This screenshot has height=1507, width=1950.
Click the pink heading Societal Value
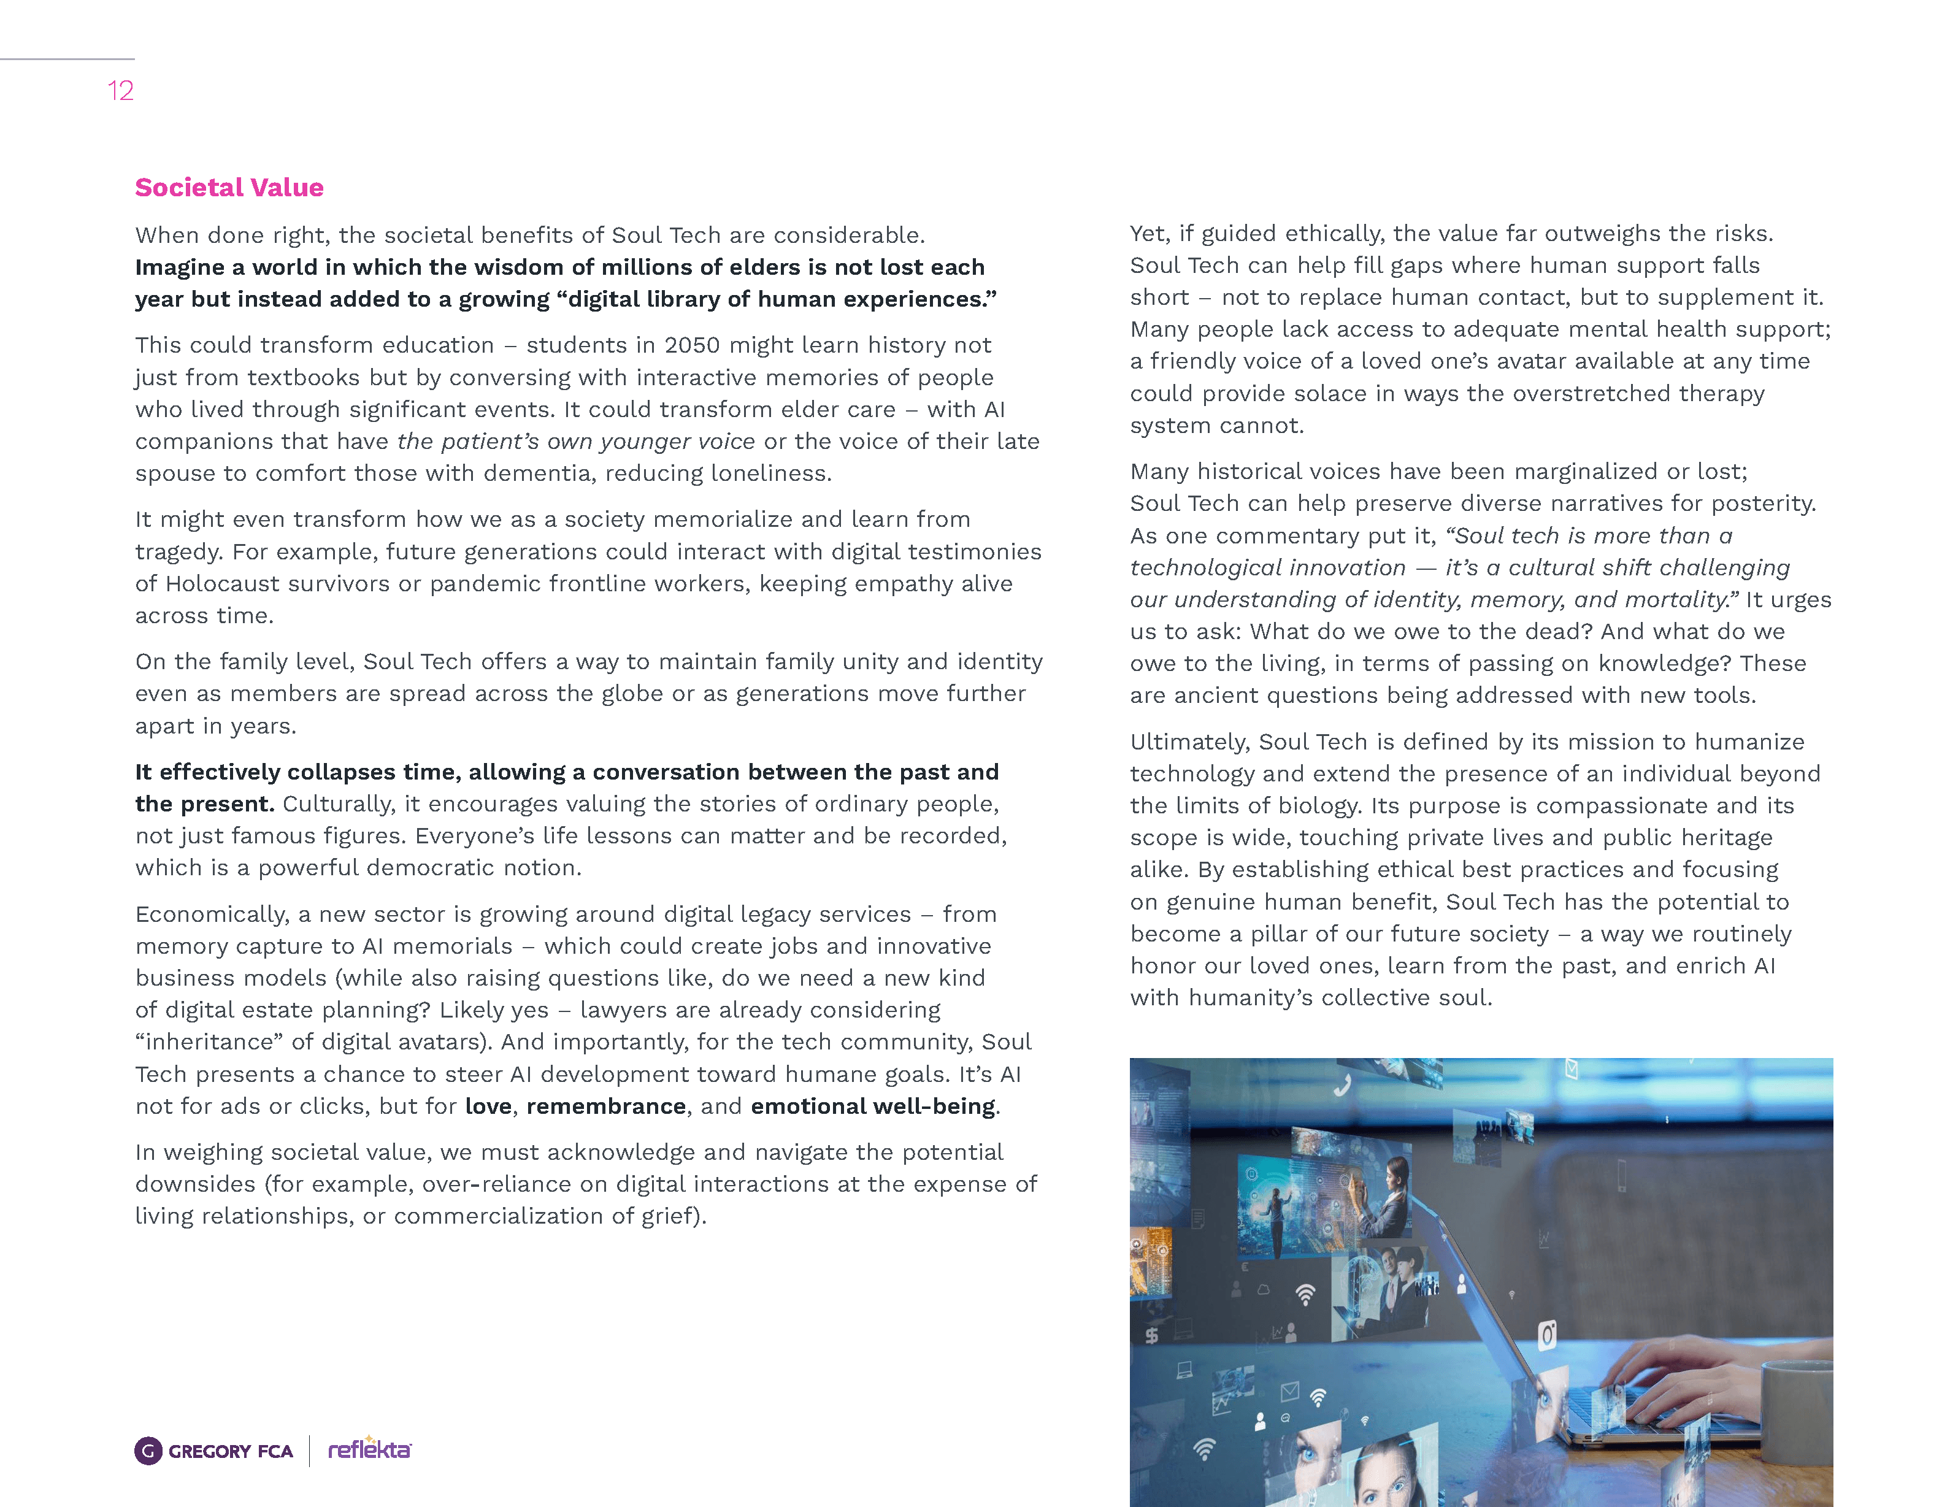229,188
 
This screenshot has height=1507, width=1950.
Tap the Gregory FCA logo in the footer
214,1451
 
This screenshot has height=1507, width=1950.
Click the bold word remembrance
605,1106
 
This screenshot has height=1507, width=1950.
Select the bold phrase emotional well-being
872,1106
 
